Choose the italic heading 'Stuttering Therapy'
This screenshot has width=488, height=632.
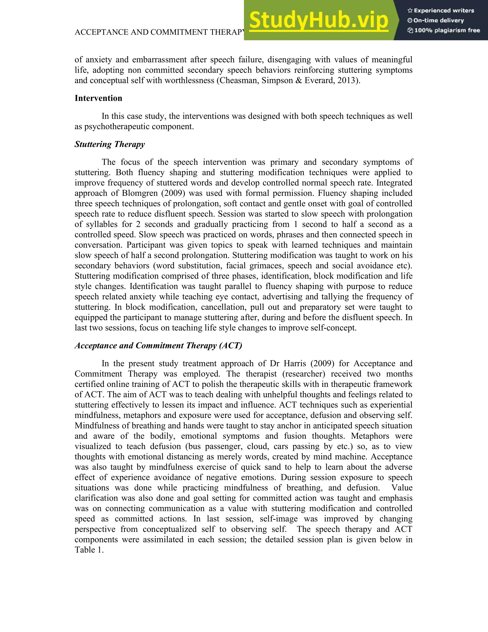110,144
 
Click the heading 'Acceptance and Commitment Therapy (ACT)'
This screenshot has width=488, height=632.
158,346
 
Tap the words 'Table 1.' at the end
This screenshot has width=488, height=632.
89,550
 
